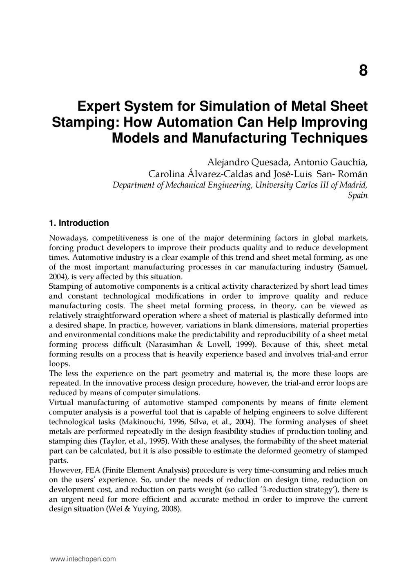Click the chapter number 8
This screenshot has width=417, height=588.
(363, 71)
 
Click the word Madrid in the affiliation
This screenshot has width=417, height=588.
(355, 185)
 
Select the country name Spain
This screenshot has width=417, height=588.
(358, 196)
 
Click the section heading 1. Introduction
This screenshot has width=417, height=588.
(79, 223)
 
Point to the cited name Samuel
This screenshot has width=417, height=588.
(354, 267)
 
